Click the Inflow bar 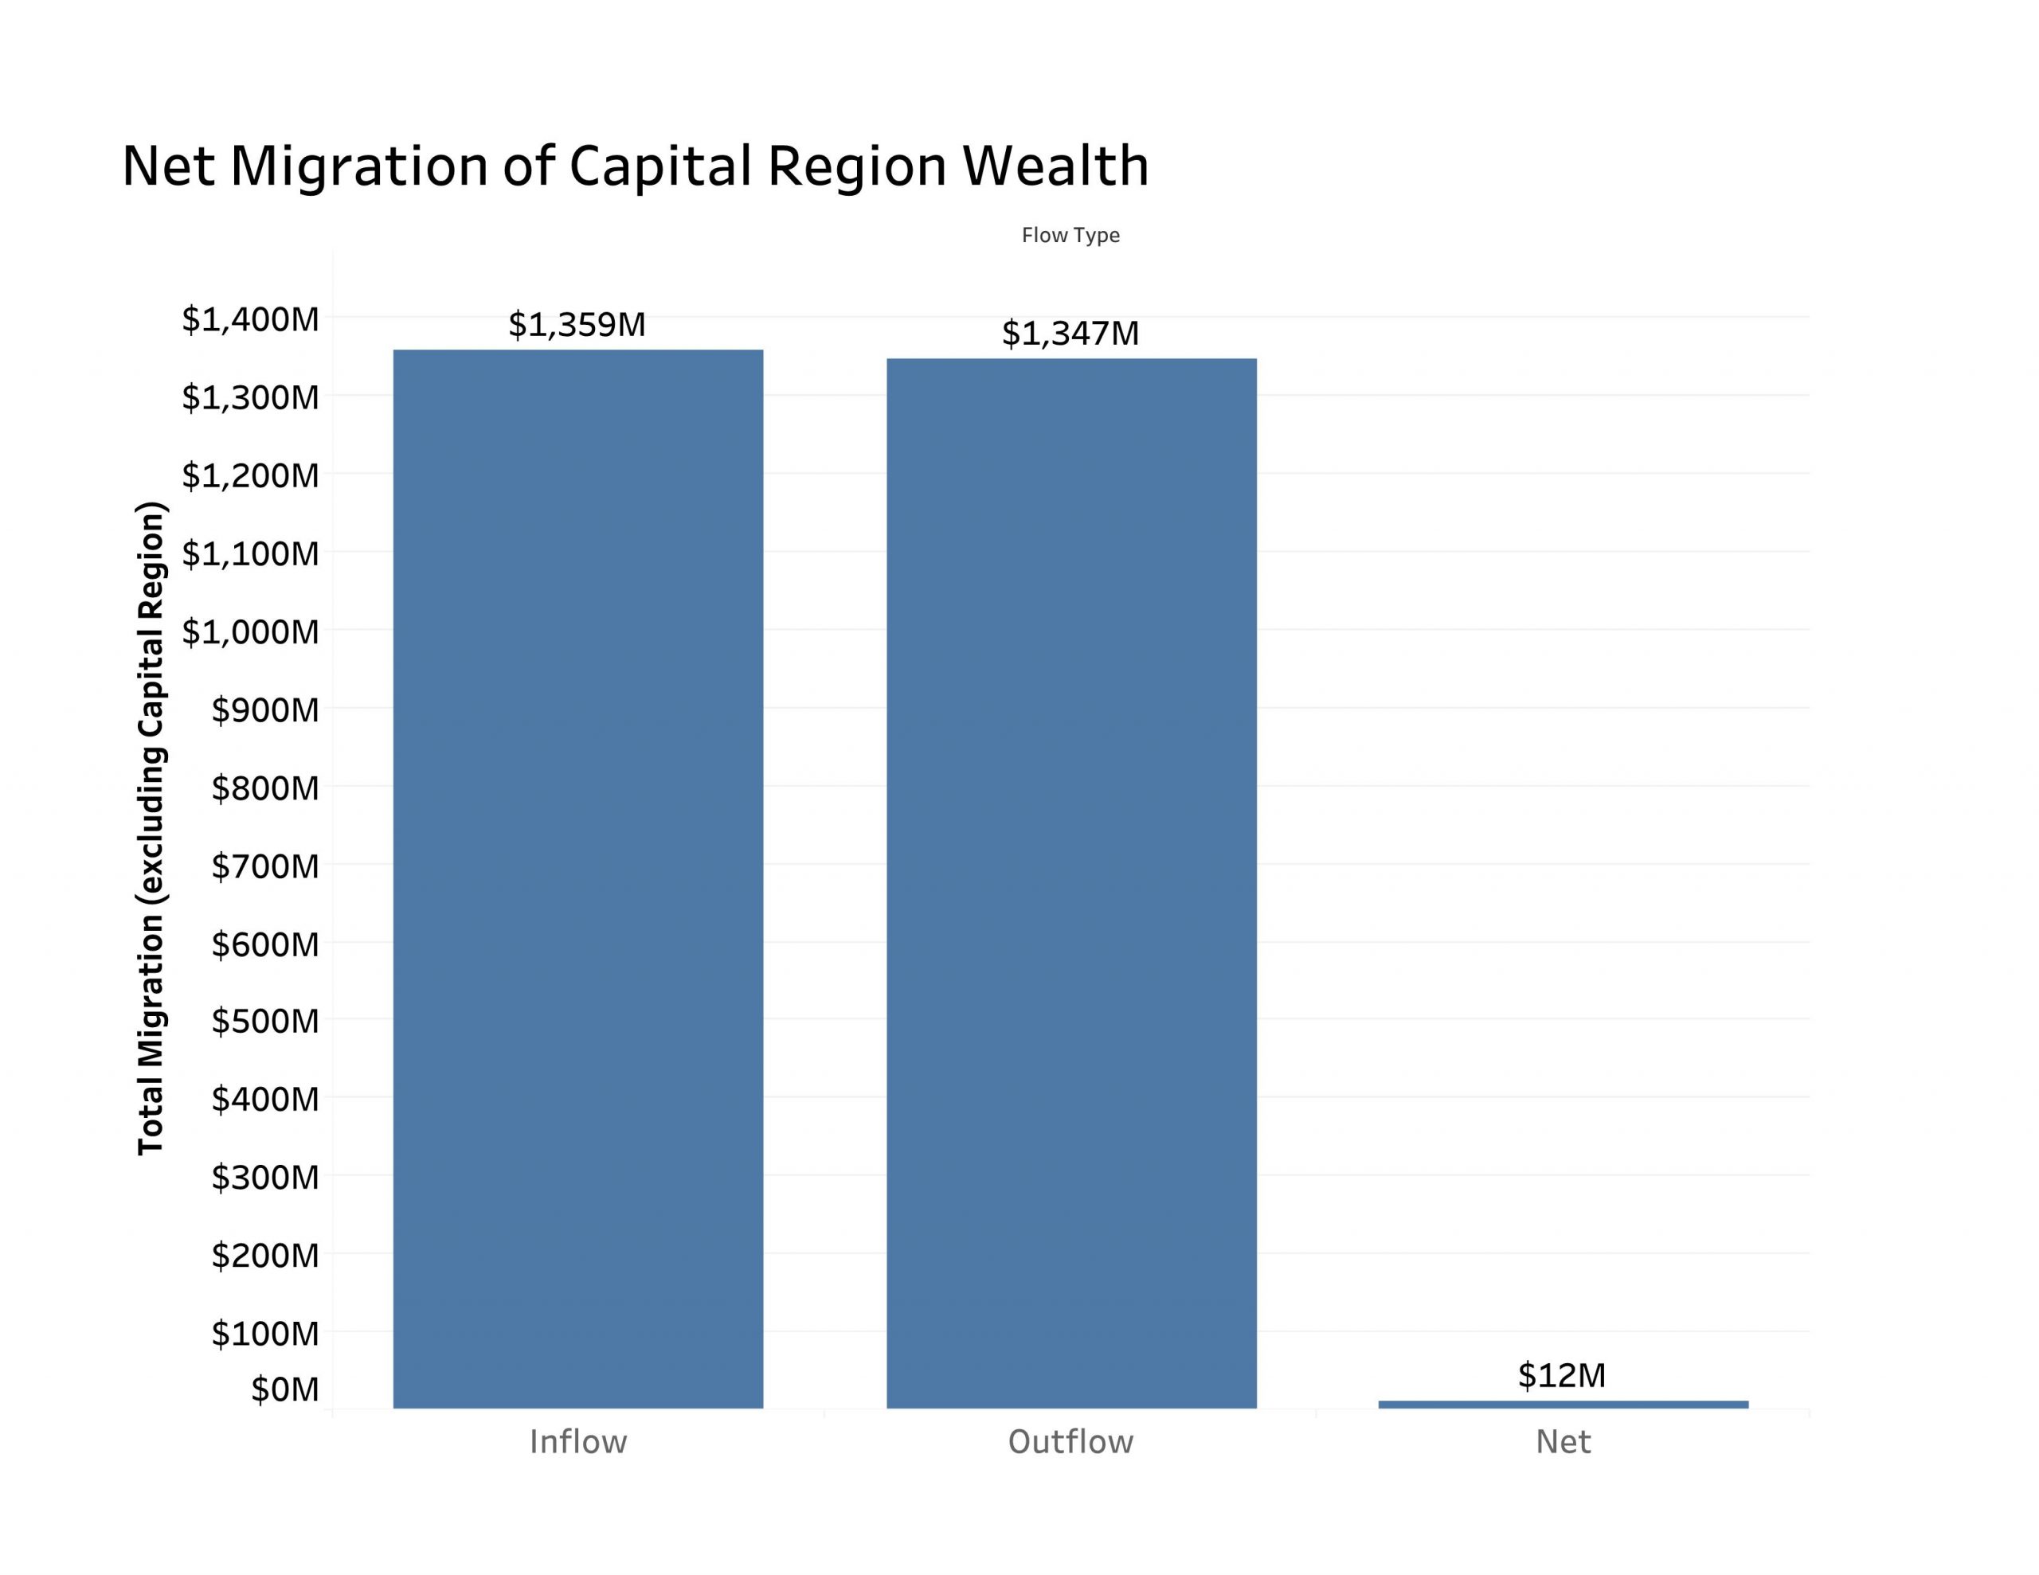tap(578, 877)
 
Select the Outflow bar tap(1070, 882)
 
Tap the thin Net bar tap(1563, 1404)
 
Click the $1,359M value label tap(577, 325)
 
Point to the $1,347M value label tap(1070, 334)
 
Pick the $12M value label tap(1562, 1375)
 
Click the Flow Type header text tap(1070, 235)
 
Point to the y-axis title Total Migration tap(151, 828)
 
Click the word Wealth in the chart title tap(1055, 166)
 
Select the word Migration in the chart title tap(359, 166)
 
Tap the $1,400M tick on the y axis tap(250, 319)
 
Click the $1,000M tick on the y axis tap(250, 632)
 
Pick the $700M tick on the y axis tap(265, 866)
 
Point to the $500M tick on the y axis tap(265, 1022)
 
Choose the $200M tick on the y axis tap(265, 1256)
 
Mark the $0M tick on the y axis tap(285, 1390)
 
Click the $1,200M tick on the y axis tap(250, 476)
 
